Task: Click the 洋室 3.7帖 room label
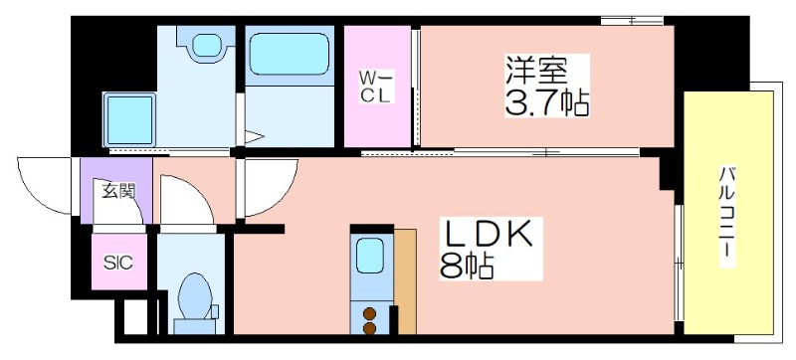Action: [x=546, y=87]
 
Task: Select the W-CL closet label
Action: [x=375, y=87]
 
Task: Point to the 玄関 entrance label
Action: [x=118, y=191]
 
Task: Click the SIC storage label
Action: [x=118, y=263]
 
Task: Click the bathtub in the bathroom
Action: [x=290, y=55]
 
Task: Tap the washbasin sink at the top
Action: [x=206, y=45]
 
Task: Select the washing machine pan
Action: [x=129, y=119]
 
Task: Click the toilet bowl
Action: [x=195, y=295]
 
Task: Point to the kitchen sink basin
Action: [x=369, y=256]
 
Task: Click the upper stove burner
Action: [x=369, y=314]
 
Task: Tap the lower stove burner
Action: [x=369, y=328]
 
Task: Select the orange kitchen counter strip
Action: [x=405, y=281]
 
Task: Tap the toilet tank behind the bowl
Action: [x=195, y=326]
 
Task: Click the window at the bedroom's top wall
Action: [x=632, y=21]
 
